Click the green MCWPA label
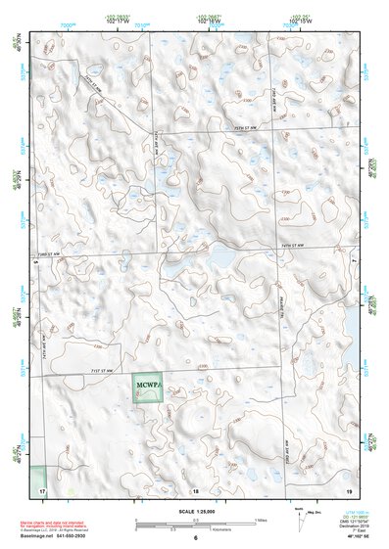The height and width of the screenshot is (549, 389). click(x=149, y=383)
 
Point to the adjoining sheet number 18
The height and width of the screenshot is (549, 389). click(x=195, y=488)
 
